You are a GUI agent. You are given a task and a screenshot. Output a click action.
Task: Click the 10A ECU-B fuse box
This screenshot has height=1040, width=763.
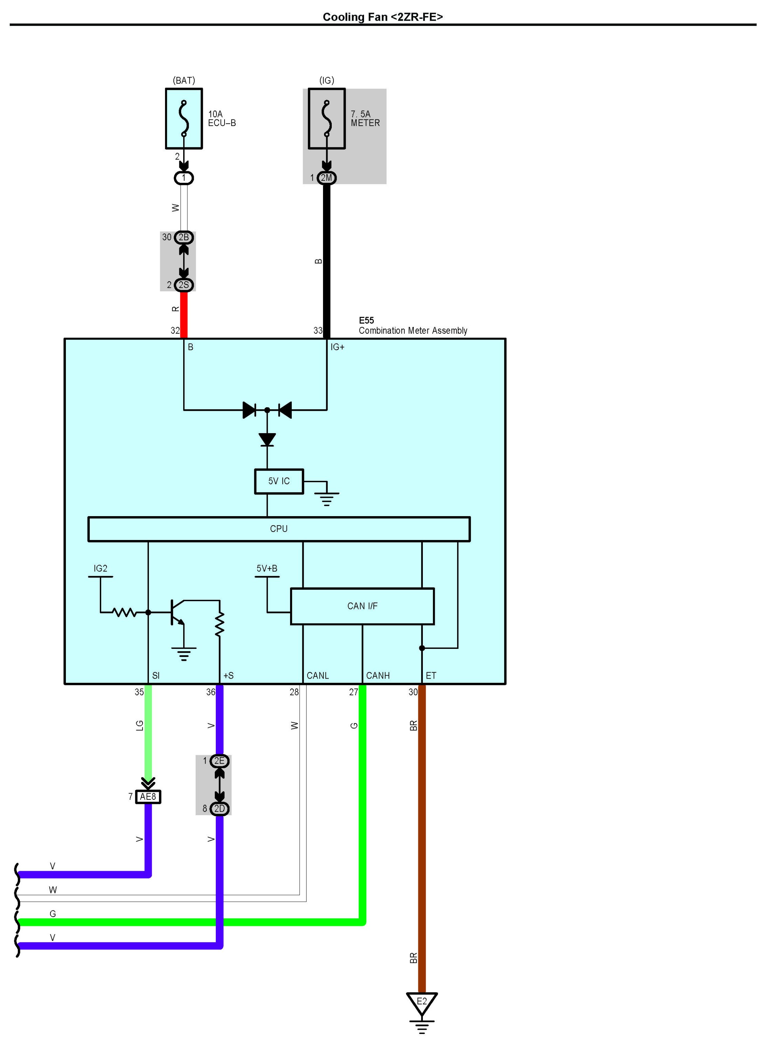coord(184,119)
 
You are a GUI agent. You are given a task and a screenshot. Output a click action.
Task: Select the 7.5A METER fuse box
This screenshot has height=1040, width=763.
coord(326,119)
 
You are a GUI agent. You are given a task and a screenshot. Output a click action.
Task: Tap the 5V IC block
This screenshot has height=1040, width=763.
coord(279,481)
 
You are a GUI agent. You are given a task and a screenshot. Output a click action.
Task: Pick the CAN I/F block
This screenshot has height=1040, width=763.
coord(362,606)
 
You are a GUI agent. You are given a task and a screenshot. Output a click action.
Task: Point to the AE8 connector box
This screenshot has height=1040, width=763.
coord(148,797)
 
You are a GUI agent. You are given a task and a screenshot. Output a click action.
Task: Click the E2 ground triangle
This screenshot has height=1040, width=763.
coord(422,1002)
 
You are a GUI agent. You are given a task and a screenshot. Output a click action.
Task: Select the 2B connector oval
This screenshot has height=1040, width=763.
coord(184,237)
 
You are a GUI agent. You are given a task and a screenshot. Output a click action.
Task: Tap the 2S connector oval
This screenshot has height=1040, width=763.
coord(184,285)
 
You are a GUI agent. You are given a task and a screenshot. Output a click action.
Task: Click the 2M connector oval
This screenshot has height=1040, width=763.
coord(326,178)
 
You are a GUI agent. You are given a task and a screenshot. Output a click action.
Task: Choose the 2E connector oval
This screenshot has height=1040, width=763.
coord(219,761)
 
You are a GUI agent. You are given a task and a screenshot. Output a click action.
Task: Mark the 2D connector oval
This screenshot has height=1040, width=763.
coord(219,808)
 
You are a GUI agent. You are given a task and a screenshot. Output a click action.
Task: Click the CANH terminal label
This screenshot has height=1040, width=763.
coord(378,676)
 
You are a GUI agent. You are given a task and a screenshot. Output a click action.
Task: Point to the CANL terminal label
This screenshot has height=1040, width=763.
coord(318,676)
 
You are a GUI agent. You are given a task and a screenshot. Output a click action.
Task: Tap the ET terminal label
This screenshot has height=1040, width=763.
coord(431,676)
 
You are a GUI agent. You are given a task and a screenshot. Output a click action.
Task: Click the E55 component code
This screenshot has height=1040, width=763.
coord(366,320)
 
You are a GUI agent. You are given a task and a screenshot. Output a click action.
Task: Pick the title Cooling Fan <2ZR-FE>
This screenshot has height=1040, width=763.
coord(383,17)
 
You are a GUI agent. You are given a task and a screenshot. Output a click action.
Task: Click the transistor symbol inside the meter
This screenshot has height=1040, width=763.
coord(177,612)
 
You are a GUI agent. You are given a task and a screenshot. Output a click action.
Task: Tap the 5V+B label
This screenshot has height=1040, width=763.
coord(267,569)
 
